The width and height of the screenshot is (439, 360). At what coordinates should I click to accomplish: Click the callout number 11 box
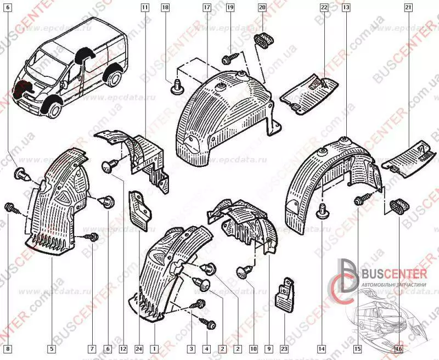(144, 8)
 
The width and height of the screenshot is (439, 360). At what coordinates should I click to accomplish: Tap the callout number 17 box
(206, 8)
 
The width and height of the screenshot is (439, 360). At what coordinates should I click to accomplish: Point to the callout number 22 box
(324, 8)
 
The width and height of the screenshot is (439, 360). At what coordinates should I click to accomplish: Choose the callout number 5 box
(51, 348)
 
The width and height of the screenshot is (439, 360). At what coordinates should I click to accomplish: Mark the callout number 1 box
(155, 348)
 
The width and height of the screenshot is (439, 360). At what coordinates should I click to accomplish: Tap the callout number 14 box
(320, 348)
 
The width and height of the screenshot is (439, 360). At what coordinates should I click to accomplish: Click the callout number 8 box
(7, 348)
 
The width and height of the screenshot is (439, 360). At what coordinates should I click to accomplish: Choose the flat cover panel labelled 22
(309, 94)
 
